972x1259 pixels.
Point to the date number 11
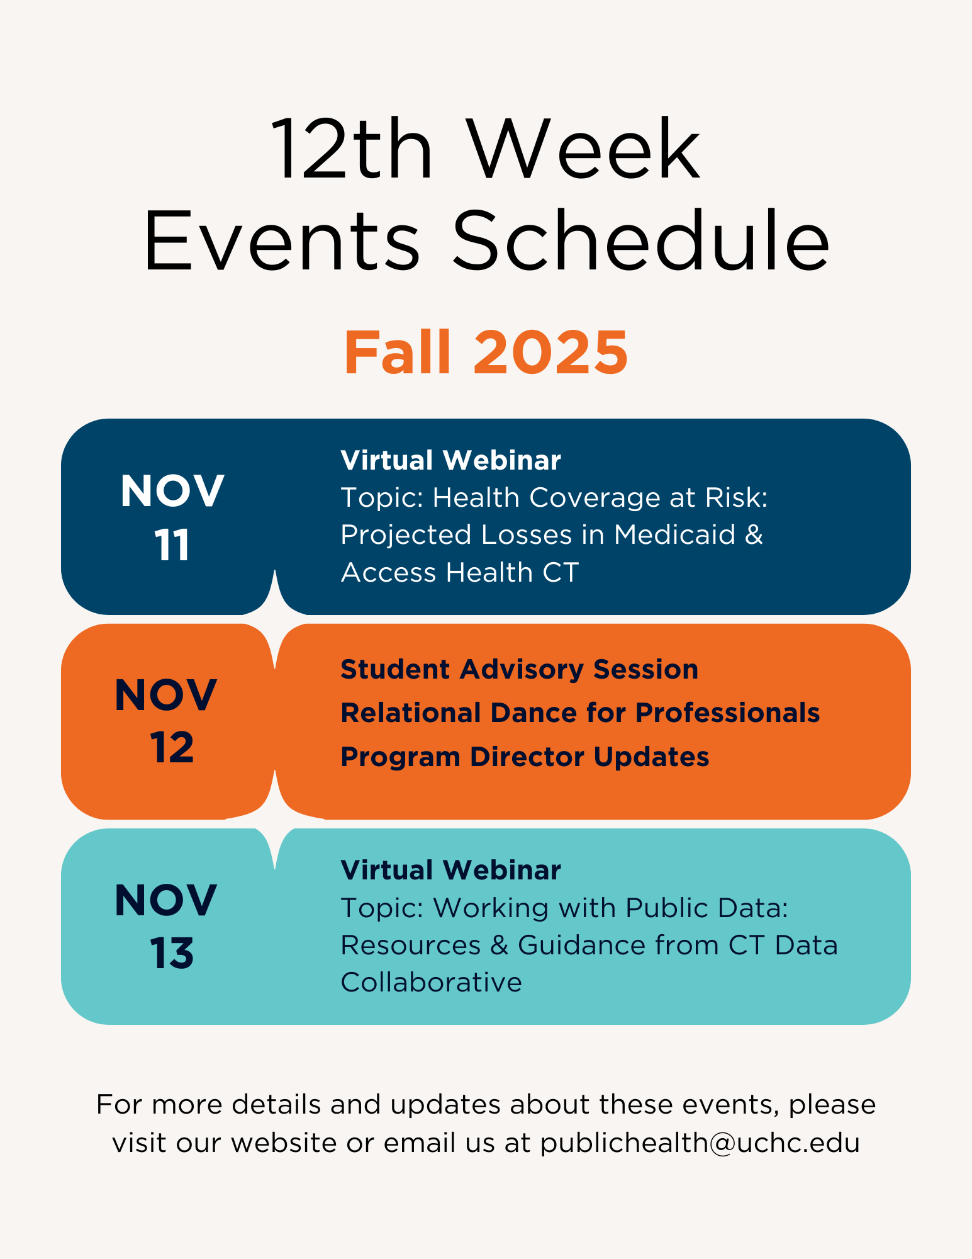tap(172, 545)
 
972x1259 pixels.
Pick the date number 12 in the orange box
tap(172, 748)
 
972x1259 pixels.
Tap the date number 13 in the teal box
tap(172, 953)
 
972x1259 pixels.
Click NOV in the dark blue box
tap(172, 491)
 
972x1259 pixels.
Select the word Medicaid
tap(674, 535)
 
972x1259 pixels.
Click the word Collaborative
tap(431, 983)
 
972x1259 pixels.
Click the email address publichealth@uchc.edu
tap(700, 1143)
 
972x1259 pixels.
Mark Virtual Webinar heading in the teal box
tap(450, 871)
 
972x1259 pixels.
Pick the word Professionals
tap(727, 713)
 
